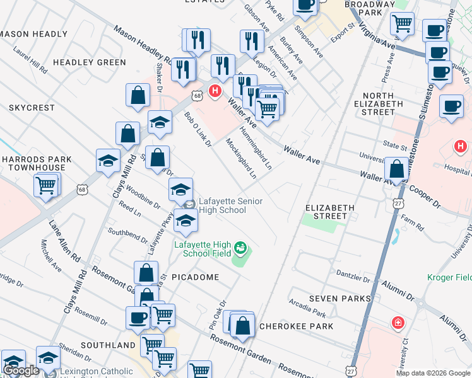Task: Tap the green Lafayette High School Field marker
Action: pyautogui.click(x=240, y=247)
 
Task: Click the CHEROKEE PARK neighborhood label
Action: pyautogui.click(x=296, y=326)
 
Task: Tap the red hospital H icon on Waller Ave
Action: pyautogui.click(x=215, y=91)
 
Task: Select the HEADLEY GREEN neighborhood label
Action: pyautogui.click(x=90, y=62)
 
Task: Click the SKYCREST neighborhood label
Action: pyautogui.click(x=32, y=108)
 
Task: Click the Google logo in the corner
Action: pyautogui.click(x=21, y=370)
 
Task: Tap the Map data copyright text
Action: pyautogui.click(x=432, y=373)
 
